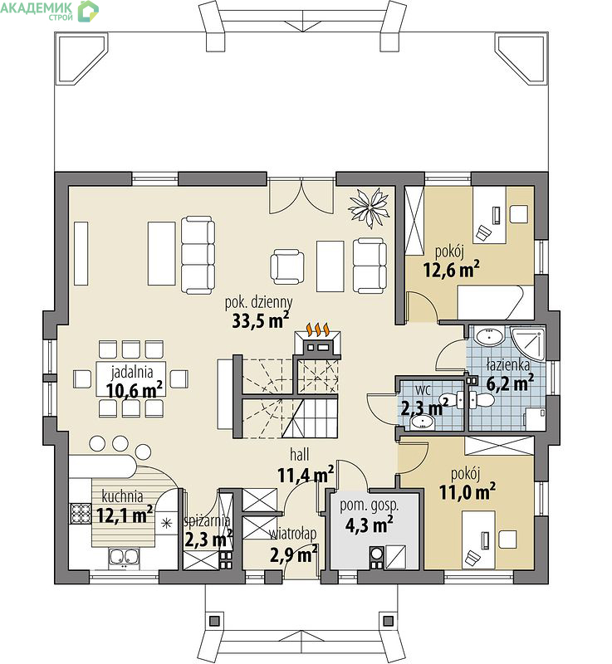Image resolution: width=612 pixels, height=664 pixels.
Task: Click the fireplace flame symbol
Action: click(x=318, y=329)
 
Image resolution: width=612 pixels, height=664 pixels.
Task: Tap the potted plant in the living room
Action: click(x=369, y=208)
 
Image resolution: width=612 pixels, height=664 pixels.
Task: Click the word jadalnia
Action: click(x=132, y=372)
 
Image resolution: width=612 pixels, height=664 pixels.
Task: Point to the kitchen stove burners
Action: click(x=81, y=514)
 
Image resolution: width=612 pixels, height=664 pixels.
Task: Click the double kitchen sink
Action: click(x=124, y=557)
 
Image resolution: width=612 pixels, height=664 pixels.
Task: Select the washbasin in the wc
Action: click(x=422, y=422)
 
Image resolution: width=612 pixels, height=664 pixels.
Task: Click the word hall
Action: click(x=300, y=455)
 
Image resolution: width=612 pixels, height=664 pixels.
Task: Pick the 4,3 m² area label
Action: click(x=369, y=525)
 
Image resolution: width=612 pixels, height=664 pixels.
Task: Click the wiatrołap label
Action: click(x=293, y=535)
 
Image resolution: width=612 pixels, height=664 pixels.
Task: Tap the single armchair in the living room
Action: click(x=287, y=266)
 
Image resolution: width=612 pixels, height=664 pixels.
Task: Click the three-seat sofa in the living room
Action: click(x=198, y=255)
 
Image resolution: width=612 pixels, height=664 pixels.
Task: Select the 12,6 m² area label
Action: click(x=452, y=269)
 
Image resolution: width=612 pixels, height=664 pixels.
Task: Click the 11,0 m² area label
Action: click(x=468, y=491)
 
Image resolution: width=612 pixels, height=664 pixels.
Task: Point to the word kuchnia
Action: click(x=122, y=496)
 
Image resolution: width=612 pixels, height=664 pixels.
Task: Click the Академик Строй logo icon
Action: click(x=88, y=11)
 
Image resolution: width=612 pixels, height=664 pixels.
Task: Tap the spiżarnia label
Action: click(x=207, y=521)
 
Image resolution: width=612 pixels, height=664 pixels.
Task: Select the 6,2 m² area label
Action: click(x=510, y=383)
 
